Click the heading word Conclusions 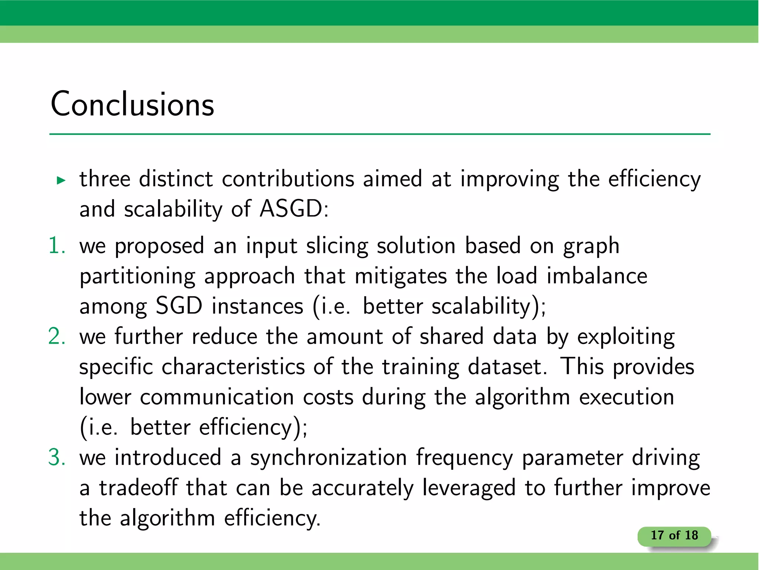point(132,104)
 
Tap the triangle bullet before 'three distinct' point(61,181)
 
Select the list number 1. point(57,246)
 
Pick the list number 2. point(57,337)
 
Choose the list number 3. point(57,457)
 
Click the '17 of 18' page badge point(674,535)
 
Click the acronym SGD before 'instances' point(179,306)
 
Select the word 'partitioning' point(137,277)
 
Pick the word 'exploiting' point(626,337)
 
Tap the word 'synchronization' point(328,458)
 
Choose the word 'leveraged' point(469,488)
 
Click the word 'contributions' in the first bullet point(288,179)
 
